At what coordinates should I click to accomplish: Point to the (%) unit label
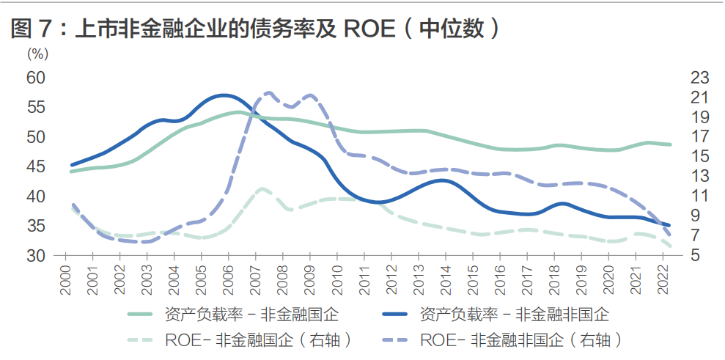pyautogui.click(x=37, y=54)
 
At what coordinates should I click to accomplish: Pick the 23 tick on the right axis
pyautogui.click(x=699, y=78)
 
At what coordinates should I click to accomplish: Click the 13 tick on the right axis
pyautogui.click(x=699, y=176)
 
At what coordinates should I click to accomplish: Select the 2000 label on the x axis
pyautogui.click(x=66, y=280)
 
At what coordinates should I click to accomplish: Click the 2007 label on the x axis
pyautogui.click(x=255, y=280)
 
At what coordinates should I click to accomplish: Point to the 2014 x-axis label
pyautogui.click(x=445, y=280)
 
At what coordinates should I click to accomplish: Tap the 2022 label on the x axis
pyautogui.click(x=662, y=280)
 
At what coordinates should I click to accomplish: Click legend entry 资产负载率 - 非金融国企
pyautogui.click(x=234, y=315)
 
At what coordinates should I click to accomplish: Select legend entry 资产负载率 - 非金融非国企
pyautogui.click(x=496, y=315)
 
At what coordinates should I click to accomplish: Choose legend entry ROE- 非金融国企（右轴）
pyautogui.click(x=240, y=340)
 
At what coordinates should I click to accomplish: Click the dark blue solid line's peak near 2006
pyautogui.click(x=224, y=95)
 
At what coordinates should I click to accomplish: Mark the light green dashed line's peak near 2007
pyautogui.click(x=262, y=188)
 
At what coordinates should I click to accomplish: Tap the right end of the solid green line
pyautogui.click(x=670, y=144)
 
